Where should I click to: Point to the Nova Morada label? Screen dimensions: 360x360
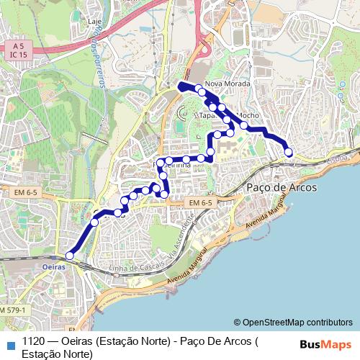tap(227, 84)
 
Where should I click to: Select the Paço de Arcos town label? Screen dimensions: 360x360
tap(277, 187)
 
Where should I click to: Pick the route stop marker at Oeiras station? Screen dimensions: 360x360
tap(70, 256)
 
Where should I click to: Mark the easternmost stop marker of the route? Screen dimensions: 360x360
tap(289, 152)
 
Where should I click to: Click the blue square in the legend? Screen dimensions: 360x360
tap(9, 343)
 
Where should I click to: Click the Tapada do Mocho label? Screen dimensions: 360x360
tap(228, 115)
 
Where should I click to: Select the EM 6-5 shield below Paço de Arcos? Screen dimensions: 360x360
tap(201, 204)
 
